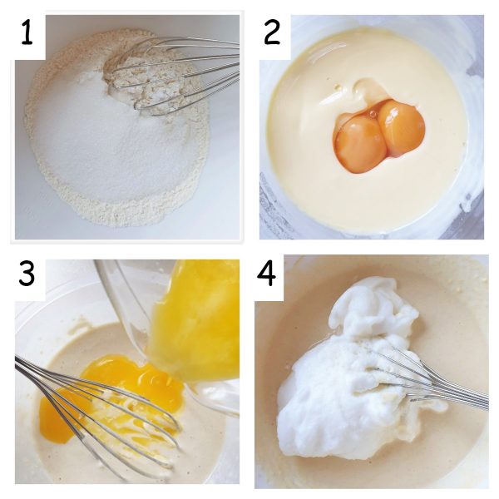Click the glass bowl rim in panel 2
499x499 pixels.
(x=270, y=200)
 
